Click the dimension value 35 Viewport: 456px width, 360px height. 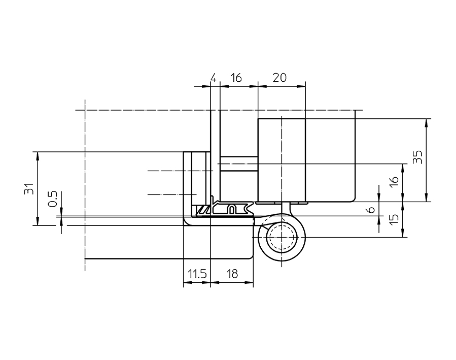point(417,157)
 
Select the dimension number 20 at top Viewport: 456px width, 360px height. point(279,78)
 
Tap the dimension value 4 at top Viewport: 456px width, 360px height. point(214,78)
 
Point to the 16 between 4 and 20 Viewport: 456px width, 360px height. point(236,78)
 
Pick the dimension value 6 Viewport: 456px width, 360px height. point(371,209)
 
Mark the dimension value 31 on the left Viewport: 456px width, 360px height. point(29,188)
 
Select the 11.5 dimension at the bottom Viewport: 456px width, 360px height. point(196,274)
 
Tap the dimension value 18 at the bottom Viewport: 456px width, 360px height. point(232,274)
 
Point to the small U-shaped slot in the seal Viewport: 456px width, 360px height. point(232,209)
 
